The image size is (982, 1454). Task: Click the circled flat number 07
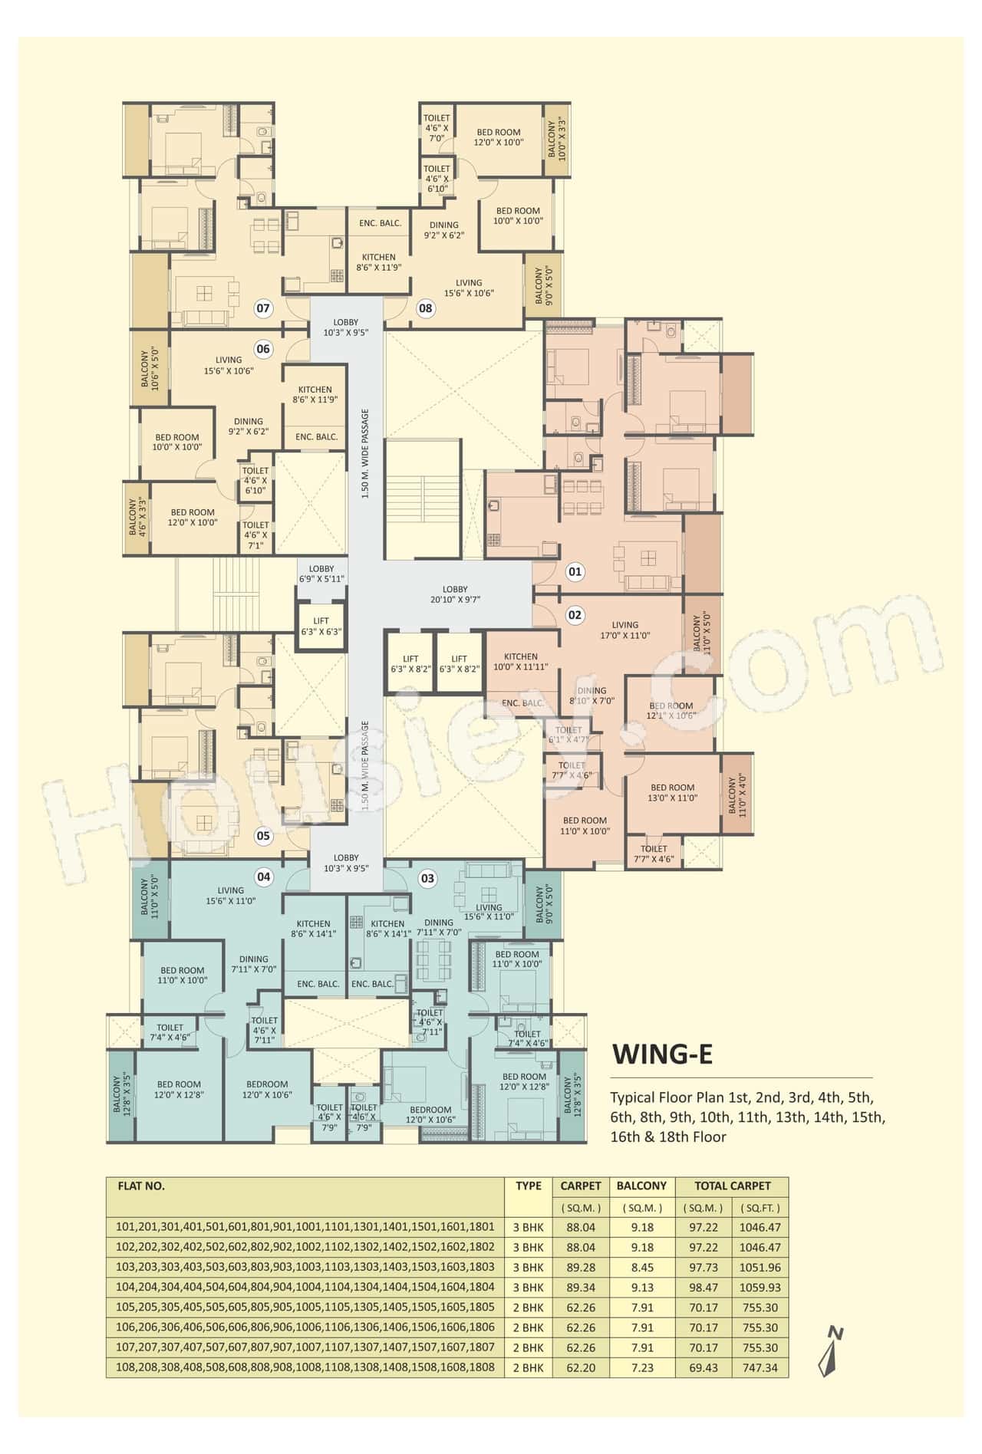click(x=263, y=308)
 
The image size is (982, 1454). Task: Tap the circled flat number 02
click(x=575, y=615)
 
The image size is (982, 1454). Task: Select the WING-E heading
click(x=662, y=1054)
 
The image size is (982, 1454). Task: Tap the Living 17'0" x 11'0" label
click(x=625, y=630)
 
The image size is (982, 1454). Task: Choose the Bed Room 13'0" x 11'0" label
click(x=673, y=792)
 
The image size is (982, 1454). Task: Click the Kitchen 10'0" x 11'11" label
click(x=521, y=661)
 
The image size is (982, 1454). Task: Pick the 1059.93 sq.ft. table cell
click(x=759, y=1288)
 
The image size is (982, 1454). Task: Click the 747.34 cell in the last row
click(x=759, y=1367)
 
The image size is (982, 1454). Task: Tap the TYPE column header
click(x=529, y=1186)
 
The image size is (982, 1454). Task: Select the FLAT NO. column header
click(x=141, y=1186)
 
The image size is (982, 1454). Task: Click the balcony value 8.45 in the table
click(x=641, y=1268)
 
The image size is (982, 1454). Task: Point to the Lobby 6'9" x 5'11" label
click(x=321, y=574)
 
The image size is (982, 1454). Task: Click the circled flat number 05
click(x=263, y=836)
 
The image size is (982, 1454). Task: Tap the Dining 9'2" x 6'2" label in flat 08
click(x=444, y=230)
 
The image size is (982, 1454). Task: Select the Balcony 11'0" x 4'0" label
click(x=736, y=795)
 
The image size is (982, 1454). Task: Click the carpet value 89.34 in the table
click(x=580, y=1288)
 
